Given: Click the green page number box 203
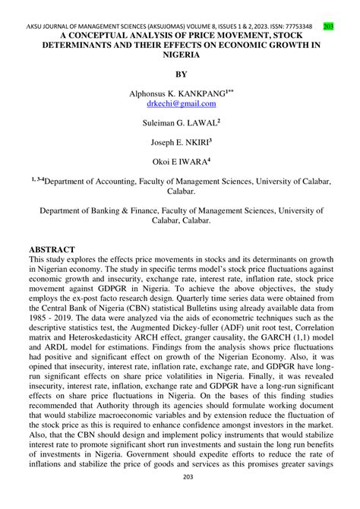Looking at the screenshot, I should [x=328, y=27].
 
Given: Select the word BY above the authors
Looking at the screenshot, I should [x=180, y=74].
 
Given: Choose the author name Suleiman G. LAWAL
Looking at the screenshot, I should [x=180, y=122].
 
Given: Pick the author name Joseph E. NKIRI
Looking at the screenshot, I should [x=180, y=141].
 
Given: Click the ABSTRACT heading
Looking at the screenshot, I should [x=52, y=249].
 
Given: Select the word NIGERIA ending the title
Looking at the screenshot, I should [x=180, y=55].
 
